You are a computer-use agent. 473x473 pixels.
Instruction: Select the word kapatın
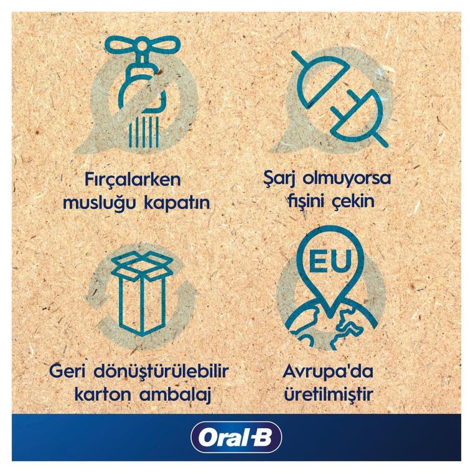tap(178, 204)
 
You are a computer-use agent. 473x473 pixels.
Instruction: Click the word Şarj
tap(279, 179)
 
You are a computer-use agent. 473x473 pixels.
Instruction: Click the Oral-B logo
tap(236, 437)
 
